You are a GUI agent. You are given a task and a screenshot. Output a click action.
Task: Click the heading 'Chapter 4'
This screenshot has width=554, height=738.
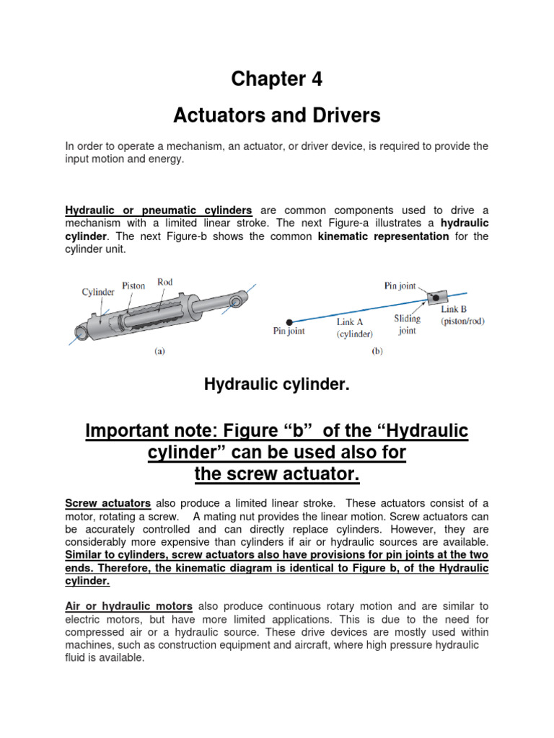pos(277,79)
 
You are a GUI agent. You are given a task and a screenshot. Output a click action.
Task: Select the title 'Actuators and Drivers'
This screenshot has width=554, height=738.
pos(277,115)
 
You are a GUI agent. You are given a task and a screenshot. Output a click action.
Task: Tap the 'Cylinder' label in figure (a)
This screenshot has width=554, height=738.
pos(97,292)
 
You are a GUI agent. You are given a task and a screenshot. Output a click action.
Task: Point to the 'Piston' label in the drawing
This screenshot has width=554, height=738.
pos(133,286)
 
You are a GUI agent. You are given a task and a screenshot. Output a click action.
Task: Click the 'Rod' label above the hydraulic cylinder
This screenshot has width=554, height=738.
pos(165,283)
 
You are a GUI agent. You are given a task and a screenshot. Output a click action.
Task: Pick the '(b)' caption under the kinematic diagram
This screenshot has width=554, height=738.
pos(376,352)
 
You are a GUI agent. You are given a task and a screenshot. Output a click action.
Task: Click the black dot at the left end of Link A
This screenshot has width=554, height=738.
pos(289,321)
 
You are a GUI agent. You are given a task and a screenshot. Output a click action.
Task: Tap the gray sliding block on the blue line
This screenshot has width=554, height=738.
pos(436,297)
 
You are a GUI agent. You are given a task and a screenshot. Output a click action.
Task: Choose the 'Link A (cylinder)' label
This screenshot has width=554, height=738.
pos(354,328)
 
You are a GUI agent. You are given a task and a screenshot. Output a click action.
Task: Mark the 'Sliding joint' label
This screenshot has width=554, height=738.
pos(408,324)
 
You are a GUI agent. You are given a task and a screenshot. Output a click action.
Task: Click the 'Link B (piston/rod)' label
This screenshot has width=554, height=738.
pos(462,315)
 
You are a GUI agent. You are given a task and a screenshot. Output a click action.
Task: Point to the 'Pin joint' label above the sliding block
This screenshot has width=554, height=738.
pos(400,285)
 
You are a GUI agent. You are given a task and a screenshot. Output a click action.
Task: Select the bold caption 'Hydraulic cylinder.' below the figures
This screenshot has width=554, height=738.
pos(277,386)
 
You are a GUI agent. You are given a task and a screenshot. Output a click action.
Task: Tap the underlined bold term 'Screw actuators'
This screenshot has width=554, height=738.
pos(107,503)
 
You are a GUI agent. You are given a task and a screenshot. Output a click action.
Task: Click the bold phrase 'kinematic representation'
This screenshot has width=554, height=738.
pos(383,236)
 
